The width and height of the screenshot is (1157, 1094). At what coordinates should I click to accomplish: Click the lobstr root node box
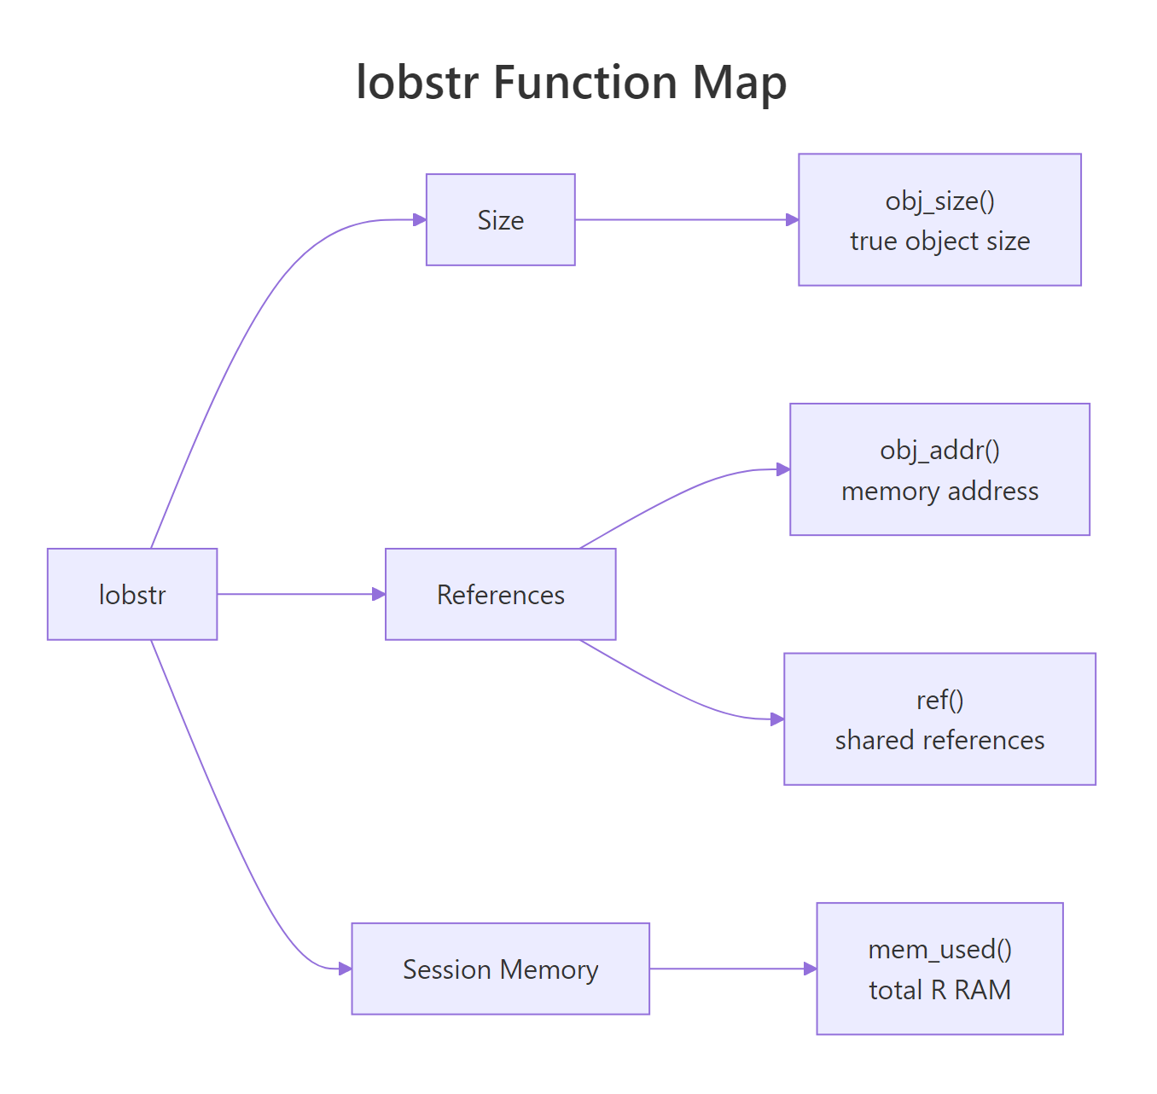point(132,594)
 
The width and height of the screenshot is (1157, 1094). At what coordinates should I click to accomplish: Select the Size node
point(500,220)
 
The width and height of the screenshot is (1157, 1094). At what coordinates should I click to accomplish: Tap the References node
point(500,594)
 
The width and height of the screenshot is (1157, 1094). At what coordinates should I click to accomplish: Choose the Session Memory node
point(500,969)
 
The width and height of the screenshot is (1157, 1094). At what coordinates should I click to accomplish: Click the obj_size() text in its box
point(939,201)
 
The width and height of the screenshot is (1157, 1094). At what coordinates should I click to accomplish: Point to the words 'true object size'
point(939,241)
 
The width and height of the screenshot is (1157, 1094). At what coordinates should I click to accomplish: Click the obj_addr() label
point(939,450)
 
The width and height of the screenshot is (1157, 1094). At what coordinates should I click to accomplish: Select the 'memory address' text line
point(939,492)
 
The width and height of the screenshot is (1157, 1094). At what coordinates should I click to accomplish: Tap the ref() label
point(939,700)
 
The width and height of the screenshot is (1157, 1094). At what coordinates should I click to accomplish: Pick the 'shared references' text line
point(939,740)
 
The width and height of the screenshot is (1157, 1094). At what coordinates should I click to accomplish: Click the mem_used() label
point(939,949)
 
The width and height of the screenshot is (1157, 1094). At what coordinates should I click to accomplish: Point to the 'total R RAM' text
point(939,990)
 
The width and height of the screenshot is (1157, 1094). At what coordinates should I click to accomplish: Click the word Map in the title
point(739,84)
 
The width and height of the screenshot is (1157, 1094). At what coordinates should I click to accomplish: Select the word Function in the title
point(585,84)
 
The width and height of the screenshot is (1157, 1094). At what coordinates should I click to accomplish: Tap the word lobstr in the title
point(417,84)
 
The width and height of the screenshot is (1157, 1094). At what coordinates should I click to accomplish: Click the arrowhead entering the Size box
point(420,220)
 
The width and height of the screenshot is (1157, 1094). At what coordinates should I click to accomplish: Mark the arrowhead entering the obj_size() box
point(792,220)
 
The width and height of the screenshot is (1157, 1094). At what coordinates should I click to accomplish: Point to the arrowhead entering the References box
point(379,594)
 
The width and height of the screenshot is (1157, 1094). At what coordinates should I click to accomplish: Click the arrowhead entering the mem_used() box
point(811,969)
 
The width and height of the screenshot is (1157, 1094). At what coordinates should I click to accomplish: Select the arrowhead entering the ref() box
point(777,719)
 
